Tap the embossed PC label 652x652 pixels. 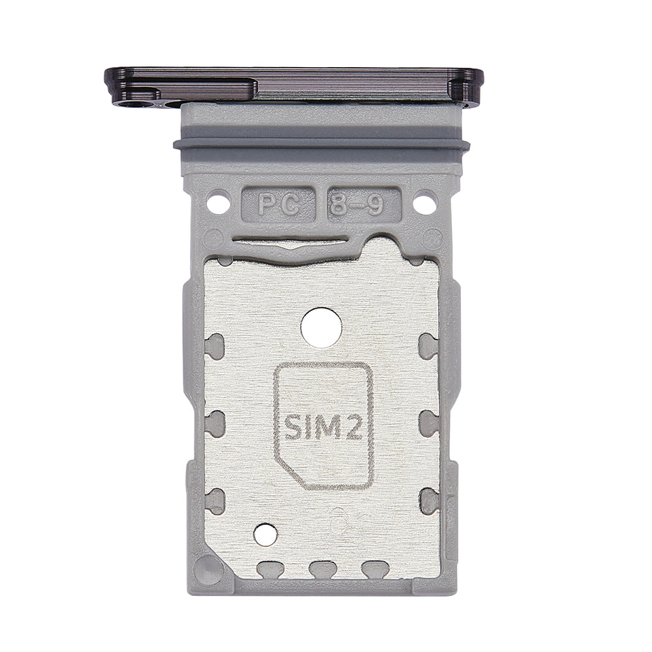278,207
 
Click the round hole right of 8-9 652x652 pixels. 424,202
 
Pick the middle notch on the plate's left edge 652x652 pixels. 215,423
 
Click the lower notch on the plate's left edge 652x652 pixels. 215,501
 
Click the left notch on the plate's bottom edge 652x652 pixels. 269,569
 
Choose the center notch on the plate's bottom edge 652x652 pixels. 321,569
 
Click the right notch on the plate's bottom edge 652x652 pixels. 374,569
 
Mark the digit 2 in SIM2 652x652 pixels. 357,428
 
